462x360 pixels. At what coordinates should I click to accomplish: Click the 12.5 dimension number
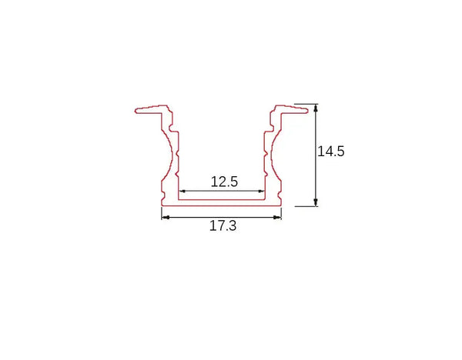224,182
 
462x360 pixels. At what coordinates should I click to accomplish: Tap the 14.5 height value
330,152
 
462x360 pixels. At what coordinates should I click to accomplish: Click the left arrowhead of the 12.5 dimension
182,191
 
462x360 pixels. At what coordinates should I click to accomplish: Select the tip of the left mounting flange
136,110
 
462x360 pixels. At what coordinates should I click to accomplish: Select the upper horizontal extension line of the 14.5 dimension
305,104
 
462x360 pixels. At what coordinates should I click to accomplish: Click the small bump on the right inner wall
263,156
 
